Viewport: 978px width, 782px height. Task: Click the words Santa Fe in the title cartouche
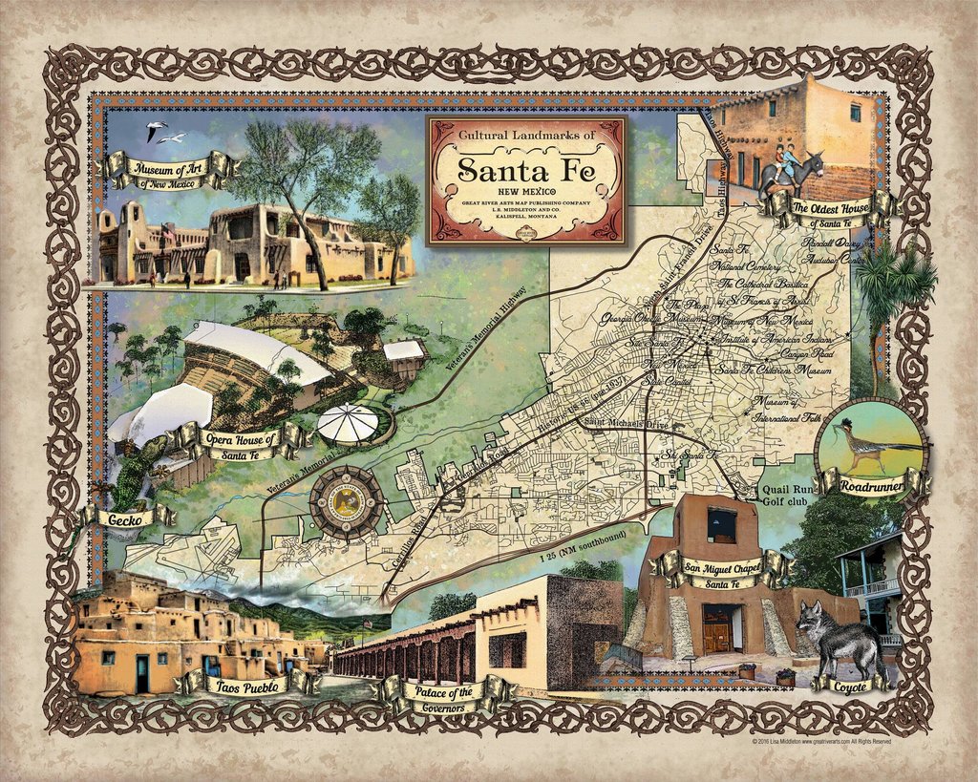pyautogui.click(x=526, y=170)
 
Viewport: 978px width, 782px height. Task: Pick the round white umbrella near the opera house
pyautogui.click(x=349, y=423)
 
